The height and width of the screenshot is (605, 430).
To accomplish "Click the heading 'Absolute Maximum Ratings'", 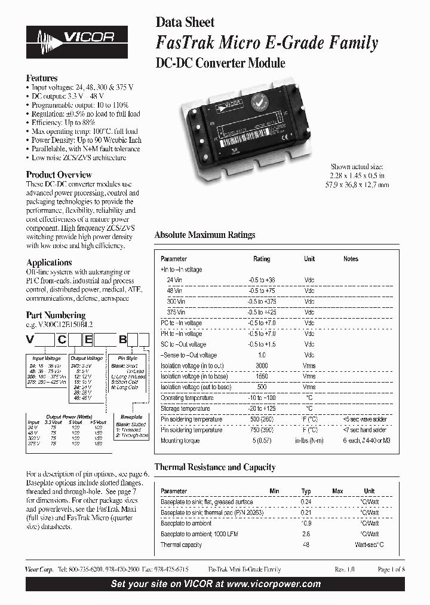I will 205,235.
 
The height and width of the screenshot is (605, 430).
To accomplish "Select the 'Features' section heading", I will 42,78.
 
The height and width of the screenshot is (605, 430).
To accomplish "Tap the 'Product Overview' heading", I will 59,175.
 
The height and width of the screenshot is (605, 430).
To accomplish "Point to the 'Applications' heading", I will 49,262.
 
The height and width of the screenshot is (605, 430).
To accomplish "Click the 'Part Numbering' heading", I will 56,315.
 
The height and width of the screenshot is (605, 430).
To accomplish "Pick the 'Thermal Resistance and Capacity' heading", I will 215,467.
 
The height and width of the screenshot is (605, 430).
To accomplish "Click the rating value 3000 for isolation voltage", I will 262,366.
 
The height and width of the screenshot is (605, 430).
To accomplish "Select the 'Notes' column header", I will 351,259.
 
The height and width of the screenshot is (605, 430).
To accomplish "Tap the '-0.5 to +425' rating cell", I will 262,312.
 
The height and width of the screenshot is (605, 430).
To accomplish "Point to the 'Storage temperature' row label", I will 185,408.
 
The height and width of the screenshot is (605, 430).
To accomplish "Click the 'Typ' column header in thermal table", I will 306,491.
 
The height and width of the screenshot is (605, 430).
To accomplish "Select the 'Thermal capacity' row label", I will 182,545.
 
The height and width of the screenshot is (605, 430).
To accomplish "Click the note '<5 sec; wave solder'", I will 365,419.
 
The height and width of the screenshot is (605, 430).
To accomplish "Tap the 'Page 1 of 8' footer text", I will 391,570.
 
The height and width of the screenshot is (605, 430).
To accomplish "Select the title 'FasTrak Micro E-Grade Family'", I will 266,43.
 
